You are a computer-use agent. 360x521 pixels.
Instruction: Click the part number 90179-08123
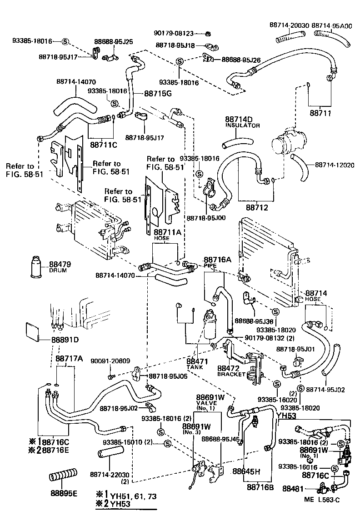point(180,33)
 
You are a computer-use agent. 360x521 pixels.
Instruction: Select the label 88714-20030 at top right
point(289,26)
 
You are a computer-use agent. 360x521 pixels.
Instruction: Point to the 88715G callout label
point(158,94)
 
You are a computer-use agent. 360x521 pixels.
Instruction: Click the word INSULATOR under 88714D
point(242,125)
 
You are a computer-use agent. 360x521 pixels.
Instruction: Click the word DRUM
point(58,271)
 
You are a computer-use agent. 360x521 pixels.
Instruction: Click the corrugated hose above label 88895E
point(63,477)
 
